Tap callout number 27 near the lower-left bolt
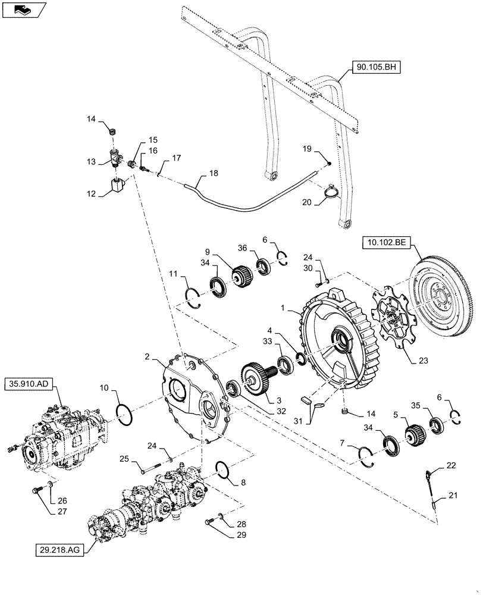tap(45, 511)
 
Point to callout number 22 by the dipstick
tap(451, 465)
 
